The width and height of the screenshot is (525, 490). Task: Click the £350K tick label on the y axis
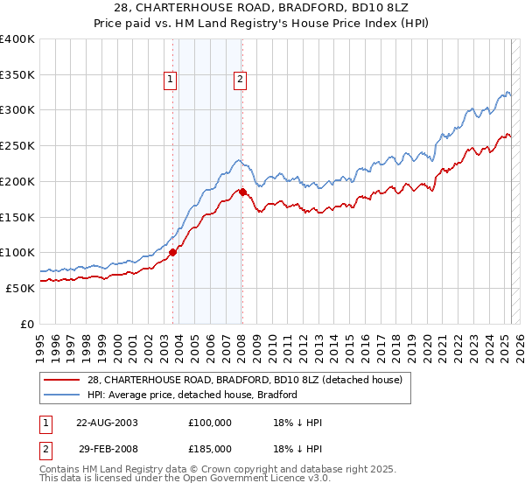click(x=17, y=75)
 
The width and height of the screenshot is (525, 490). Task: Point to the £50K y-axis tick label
click(x=20, y=288)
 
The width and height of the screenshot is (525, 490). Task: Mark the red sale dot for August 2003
click(x=173, y=252)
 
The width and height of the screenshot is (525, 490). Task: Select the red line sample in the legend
click(x=63, y=380)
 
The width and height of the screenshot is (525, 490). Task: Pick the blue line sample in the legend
click(x=63, y=395)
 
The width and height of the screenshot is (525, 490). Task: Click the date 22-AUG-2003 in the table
click(x=107, y=423)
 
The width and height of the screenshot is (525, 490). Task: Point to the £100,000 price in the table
click(x=210, y=423)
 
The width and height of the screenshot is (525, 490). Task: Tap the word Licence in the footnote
click(x=284, y=479)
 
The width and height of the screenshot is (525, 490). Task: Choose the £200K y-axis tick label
click(x=17, y=182)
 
